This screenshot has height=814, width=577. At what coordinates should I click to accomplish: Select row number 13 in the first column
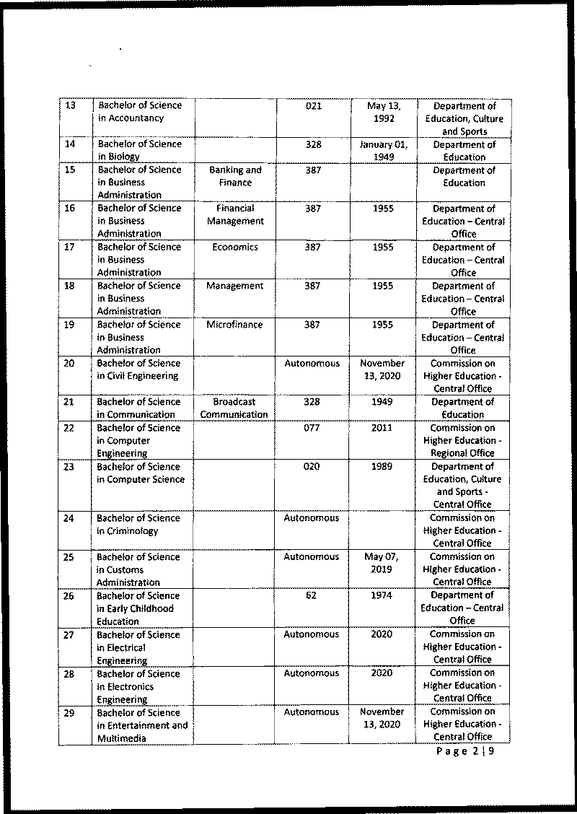(x=71, y=105)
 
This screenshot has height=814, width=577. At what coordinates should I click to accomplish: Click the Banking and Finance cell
(x=235, y=177)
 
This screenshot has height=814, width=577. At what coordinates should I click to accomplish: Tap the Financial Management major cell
(x=235, y=215)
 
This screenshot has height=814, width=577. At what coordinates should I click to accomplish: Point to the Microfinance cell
(x=235, y=325)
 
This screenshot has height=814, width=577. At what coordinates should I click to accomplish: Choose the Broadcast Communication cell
(x=235, y=408)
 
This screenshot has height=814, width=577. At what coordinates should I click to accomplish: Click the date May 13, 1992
(x=384, y=112)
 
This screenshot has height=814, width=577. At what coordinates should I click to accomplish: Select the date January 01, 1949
(x=384, y=151)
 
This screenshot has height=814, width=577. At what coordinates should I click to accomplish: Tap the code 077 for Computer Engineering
(x=312, y=428)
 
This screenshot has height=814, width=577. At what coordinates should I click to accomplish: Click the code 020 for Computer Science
(x=312, y=467)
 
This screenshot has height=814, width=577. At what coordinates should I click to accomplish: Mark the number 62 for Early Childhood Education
(x=312, y=596)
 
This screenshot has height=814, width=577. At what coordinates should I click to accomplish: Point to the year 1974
(x=383, y=596)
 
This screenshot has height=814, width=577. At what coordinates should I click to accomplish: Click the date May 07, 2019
(x=383, y=564)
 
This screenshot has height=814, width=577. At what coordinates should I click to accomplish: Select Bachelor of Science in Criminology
(x=138, y=525)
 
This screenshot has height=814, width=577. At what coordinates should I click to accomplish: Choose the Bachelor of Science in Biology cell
(x=138, y=150)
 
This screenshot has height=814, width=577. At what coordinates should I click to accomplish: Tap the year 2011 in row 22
(x=383, y=428)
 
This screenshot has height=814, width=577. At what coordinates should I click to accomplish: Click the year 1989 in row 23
(x=383, y=467)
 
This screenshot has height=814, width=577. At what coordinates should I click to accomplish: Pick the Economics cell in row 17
(x=235, y=247)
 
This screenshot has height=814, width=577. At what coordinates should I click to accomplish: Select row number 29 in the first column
(x=71, y=712)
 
